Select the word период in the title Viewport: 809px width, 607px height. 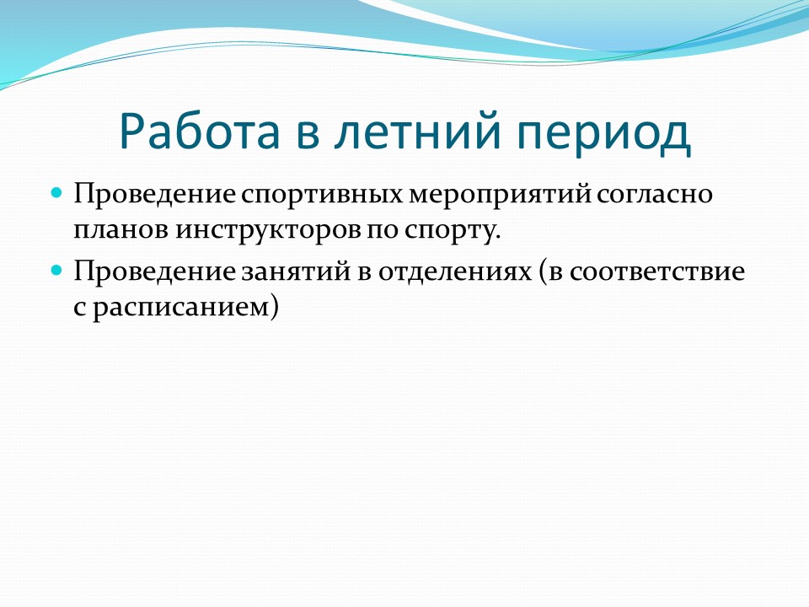(603, 133)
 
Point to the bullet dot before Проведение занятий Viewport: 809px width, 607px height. (56, 270)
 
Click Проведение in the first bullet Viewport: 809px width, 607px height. (155, 195)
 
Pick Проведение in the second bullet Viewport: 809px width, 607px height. (155, 271)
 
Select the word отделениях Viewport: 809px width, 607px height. (455, 272)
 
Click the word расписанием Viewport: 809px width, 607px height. (181, 309)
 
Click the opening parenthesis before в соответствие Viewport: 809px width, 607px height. (543, 271)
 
